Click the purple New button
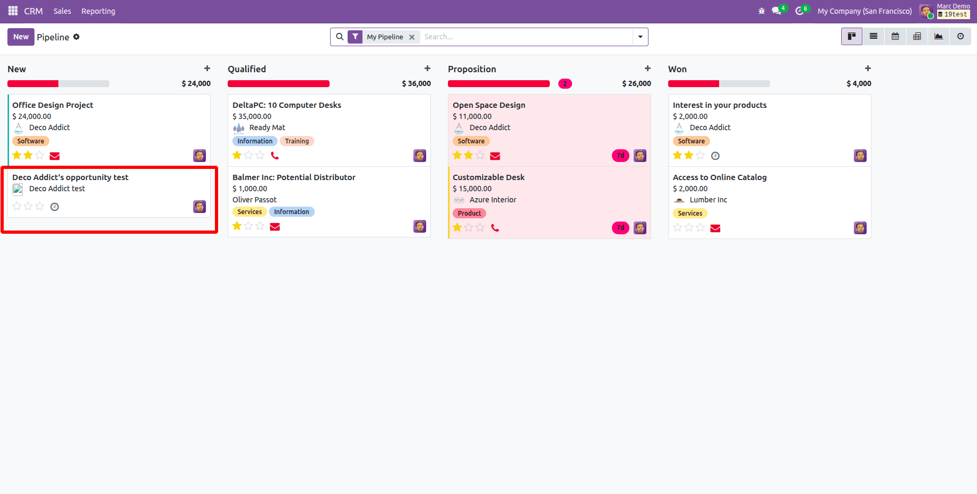(21, 37)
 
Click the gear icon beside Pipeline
(76, 37)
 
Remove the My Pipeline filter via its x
(412, 37)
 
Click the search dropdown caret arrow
(640, 37)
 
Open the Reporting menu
(98, 11)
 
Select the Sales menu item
(62, 11)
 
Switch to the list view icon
(873, 36)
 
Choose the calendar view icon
(895, 36)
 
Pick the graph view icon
(938, 36)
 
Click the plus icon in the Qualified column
(427, 69)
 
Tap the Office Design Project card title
(53, 105)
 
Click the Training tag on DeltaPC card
(297, 141)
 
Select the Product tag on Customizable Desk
(469, 214)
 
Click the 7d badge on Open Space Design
(620, 156)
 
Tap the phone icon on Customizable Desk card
(495, 228)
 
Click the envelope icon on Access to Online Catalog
(715, 228)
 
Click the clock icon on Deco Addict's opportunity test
(55, 207)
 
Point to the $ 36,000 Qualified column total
(416, 83)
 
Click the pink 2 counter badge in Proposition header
(565, 83)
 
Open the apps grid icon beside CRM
(13, 11)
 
